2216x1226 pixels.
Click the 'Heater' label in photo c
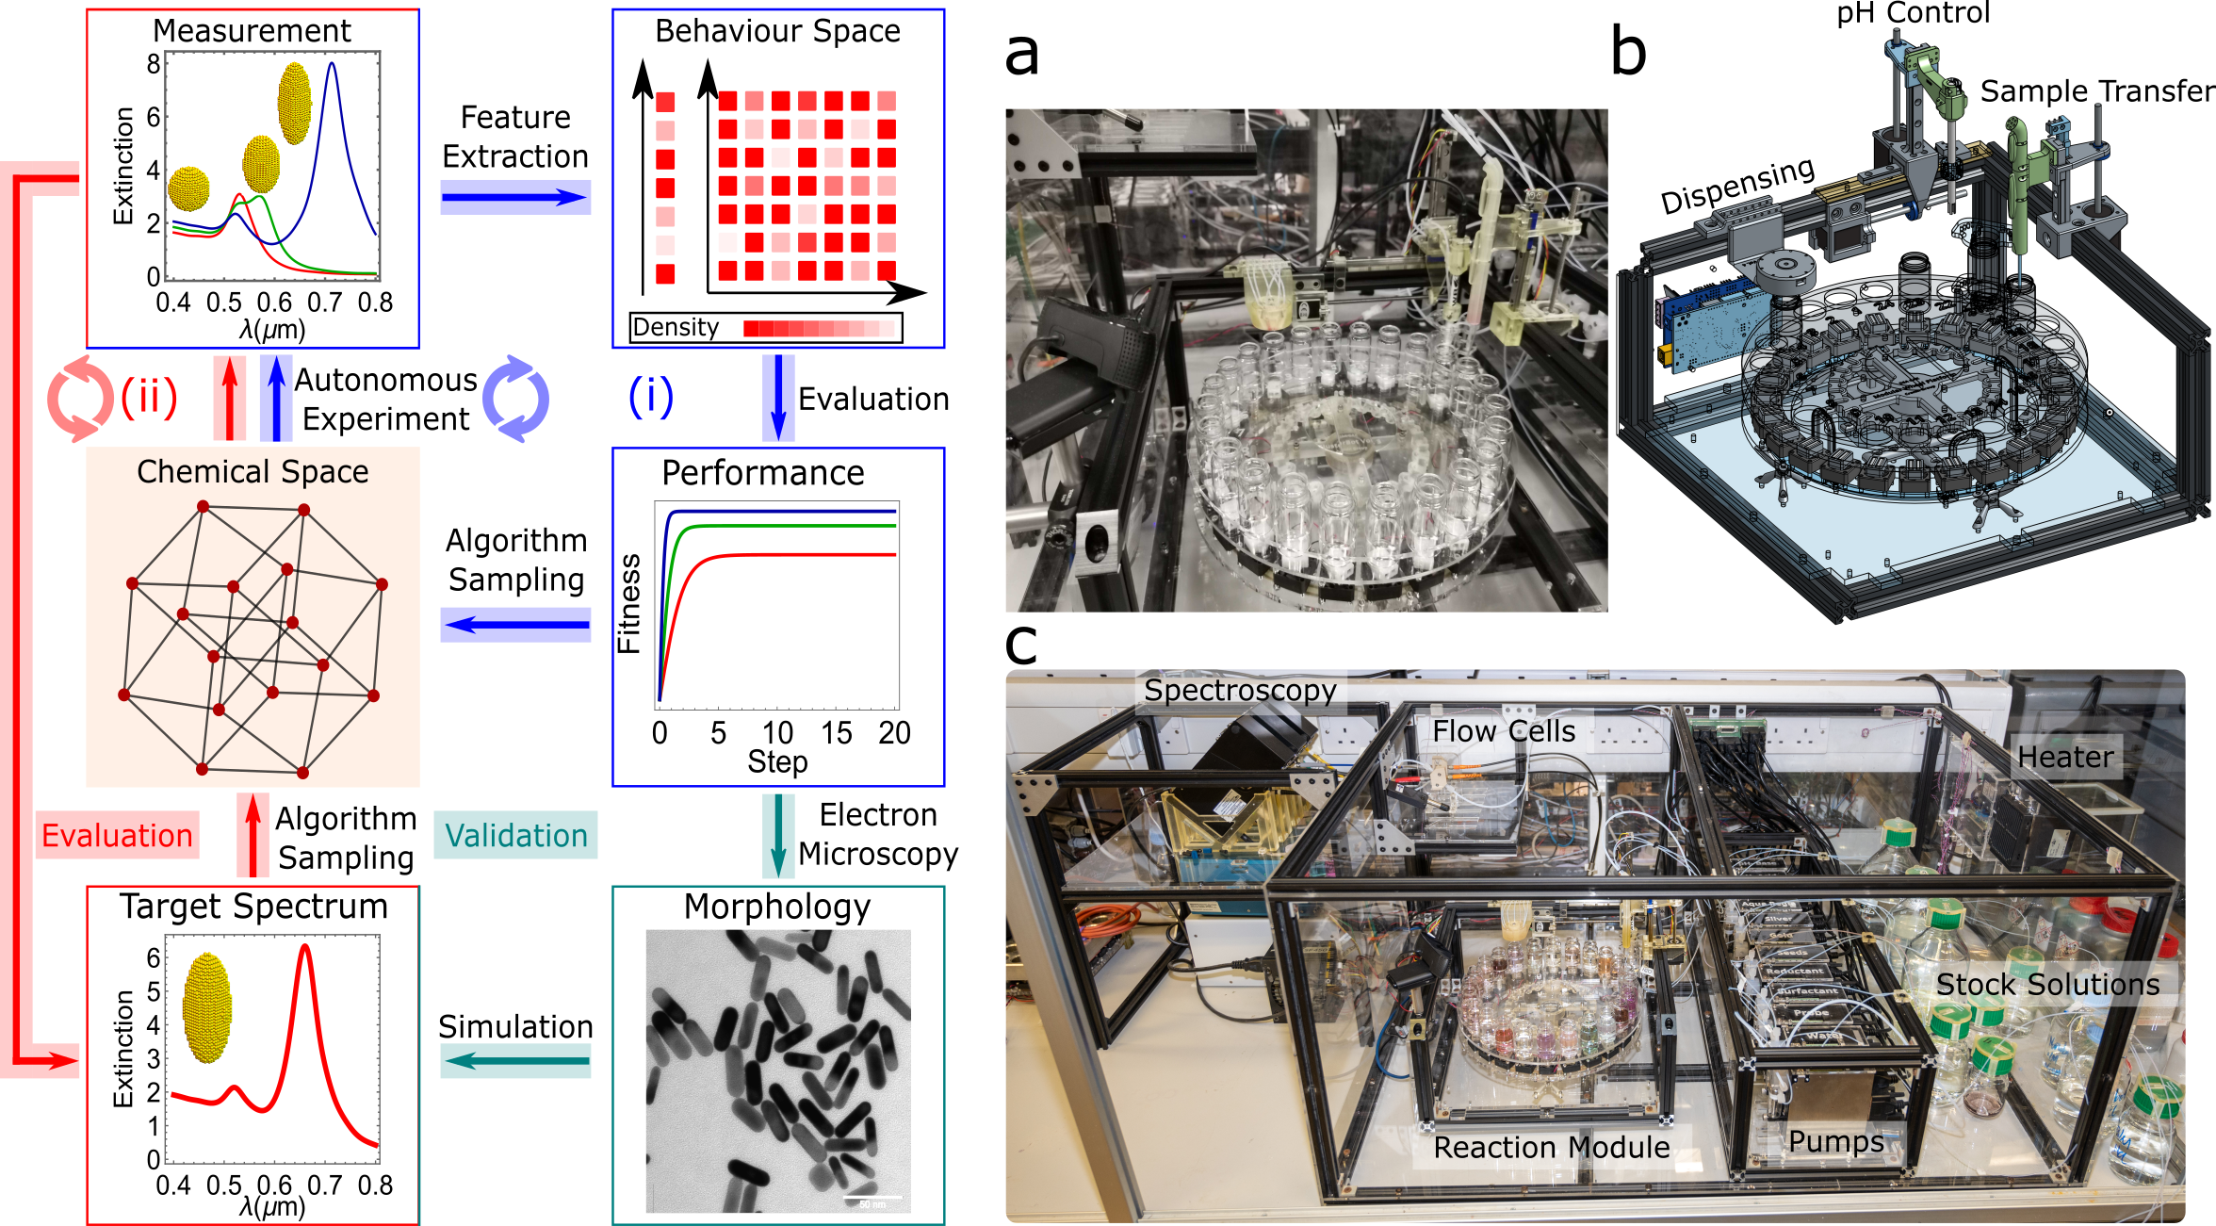pyautogui.click(x=2065, y=758)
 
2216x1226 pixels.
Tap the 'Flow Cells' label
pyautogui.click(x=1504, y=732)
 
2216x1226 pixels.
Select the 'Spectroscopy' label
pyautogui.click(x=1240, y=691)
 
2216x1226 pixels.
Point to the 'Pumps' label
pyautogui.click(x=1836, y=1141)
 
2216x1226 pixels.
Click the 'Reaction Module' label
pyautogui.click(x=1552, y=1148)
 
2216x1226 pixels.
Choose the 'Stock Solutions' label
pyautogui.click(x=2047, y=985)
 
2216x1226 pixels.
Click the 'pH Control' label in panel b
pyautogui.click(x=1914, y=13)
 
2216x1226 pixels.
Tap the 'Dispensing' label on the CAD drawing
pyautogui.click(x=1736, y=186)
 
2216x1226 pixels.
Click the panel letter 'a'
pyautogui.click(x=1022, y=55)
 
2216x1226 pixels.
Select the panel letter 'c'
pyautogui.click(x=1021, y=646)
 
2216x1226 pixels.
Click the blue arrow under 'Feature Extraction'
pyautogui.click(x=515, y=197)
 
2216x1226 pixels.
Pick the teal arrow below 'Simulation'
pyautogui.click(x=515, y=1061)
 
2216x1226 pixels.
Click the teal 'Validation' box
pyautogui.click(x=515, y=836)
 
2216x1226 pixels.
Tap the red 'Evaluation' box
pyautogui.click(x=117, y=836)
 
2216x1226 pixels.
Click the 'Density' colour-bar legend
pyautogui.click(x=766, y=328)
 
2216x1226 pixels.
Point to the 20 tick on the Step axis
pyautogui.click(x=894, y=733)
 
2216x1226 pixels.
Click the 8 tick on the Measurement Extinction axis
pyautogui.click(x=154, y=64)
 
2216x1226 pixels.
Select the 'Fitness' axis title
pyautogui.click(x=628, y=604)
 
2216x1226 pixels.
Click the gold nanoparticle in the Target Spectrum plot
pyautogui.click(x=207, y=1007)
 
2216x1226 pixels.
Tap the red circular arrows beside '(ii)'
pyautogui.click(x=80, y=399)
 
